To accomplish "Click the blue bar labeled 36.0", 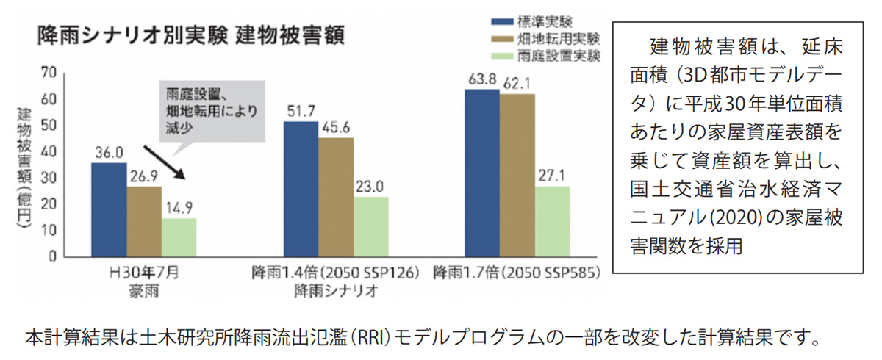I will [109, 209].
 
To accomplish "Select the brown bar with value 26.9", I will [144, 221].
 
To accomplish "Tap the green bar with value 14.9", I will [179, 237].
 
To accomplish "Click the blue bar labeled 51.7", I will [301, 189].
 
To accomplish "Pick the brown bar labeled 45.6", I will [336, 197].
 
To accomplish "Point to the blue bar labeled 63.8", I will [481, 173].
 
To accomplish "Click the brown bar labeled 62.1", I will [517, 175].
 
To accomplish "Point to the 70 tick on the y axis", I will [49, 72].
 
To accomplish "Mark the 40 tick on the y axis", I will [49, 151].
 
